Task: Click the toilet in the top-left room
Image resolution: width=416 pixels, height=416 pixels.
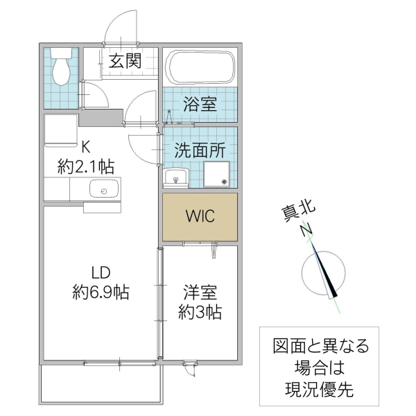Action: pyautogui.click(x=62, y=67)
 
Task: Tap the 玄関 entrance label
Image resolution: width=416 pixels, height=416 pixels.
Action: pyautogui.click(x=125, y=61)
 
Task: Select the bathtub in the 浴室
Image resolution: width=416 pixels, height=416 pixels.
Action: pyautogui.click(x=200, y=68)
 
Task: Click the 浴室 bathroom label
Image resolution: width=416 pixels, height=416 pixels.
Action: pyautogui.click(x=200, y=105)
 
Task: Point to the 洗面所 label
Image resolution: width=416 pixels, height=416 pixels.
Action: pyautogui.click(x=200, y=148)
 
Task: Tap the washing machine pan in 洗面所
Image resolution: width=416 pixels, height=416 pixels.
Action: pyautogui.click(x=220, y=175)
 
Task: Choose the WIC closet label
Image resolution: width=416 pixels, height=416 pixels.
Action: pyautogui.click(x=200, y=216)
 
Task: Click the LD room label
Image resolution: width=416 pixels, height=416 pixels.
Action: pyautogui.click(x=101, y=272)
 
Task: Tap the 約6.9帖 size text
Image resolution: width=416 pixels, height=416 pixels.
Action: pyautogui.click(x=101, y=292)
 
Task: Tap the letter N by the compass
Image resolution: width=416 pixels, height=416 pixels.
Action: pyautogui.click(x=305, y=231)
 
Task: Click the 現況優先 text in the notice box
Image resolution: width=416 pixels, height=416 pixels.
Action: pyautogui.click(x=319, y=388)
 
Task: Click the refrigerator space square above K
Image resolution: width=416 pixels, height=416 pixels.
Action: pyautogui.click(x=60, y=132)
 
